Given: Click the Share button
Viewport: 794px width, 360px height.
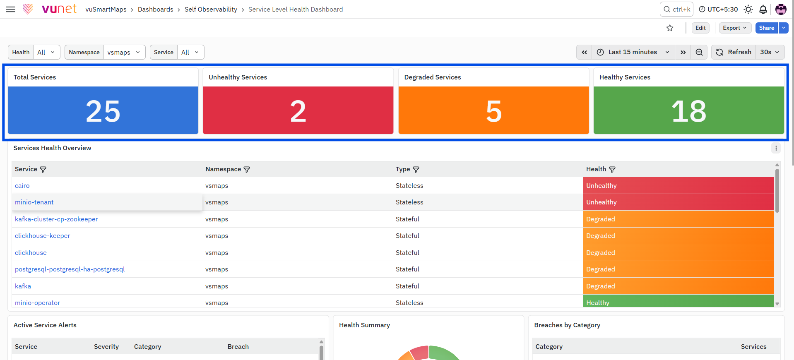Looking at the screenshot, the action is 766,28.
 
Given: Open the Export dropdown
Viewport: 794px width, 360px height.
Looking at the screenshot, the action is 735,28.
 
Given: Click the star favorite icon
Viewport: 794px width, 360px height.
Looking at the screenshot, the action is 670,28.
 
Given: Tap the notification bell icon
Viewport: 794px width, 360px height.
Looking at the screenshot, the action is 763,9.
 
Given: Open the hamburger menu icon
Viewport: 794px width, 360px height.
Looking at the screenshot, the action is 11,9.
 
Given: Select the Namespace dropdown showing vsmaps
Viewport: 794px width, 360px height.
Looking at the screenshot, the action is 124,52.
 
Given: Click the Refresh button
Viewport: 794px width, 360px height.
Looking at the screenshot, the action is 734,52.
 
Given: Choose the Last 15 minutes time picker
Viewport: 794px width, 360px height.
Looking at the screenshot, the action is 633,52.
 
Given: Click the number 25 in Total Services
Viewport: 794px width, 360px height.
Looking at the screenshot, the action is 103,111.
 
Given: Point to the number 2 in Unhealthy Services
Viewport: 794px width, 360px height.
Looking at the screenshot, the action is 298,111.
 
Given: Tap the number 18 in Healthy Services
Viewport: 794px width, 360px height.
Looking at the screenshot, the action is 689,111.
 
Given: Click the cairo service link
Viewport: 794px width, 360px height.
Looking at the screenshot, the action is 22,186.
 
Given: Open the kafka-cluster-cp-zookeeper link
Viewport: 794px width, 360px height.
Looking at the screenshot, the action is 56,219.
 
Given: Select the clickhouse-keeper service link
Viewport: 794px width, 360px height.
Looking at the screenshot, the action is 43,236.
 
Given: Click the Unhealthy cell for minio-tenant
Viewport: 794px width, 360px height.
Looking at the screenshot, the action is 679,202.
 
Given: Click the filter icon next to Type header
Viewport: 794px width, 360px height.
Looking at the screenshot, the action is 416,169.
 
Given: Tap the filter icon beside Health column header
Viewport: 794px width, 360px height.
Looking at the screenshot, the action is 612,169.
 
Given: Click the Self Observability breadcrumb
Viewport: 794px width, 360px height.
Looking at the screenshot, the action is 211,9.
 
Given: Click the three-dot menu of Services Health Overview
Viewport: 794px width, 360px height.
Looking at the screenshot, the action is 776,148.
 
